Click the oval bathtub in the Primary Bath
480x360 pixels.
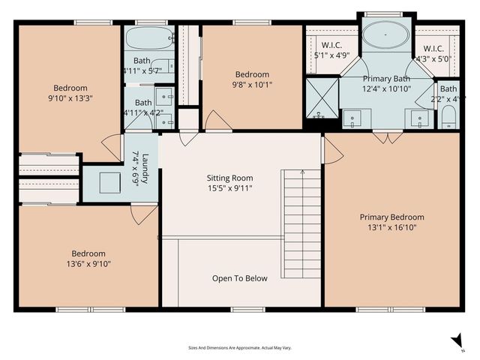coord(385,35)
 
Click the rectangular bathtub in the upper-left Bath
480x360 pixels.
coord(147,37)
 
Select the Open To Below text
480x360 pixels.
coord(239,278)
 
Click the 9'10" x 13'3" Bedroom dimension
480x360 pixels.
coord(70,97)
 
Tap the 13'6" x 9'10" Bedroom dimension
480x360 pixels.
coord(88,263)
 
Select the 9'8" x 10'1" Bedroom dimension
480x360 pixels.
coord(252,84)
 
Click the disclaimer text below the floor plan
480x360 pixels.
coord(239,347)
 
